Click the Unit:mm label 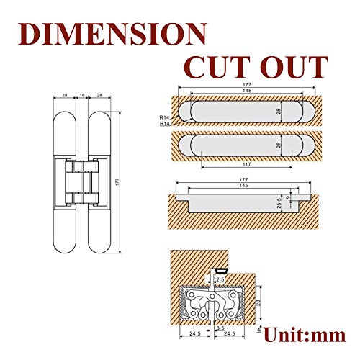point(305,334)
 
